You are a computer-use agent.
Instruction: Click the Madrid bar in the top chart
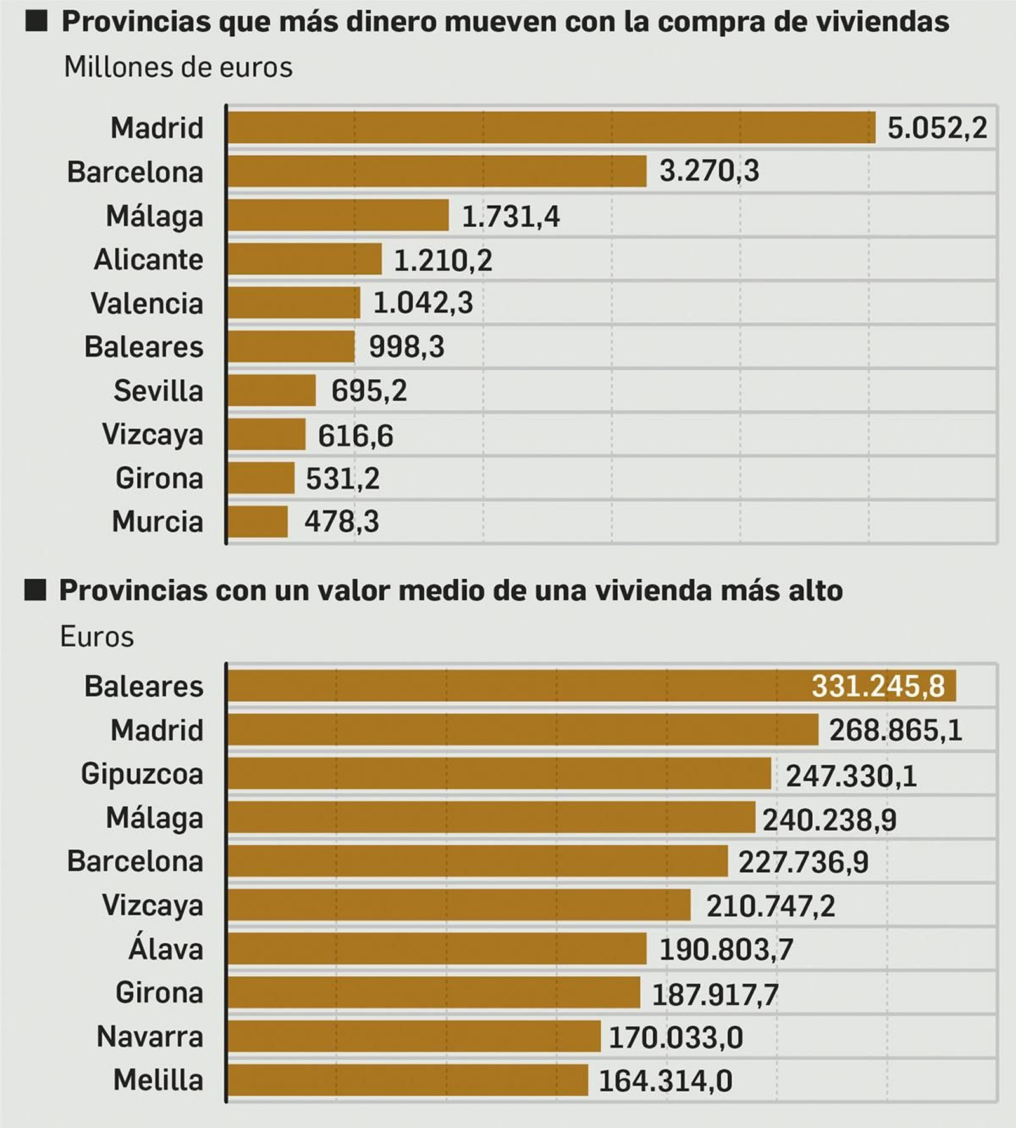click(x=551, y=128)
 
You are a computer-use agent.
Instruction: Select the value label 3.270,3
click(x=709, y=171)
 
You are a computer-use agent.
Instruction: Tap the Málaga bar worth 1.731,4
click(x=338, y=215)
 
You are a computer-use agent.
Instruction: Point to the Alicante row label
click(x=149, y=260)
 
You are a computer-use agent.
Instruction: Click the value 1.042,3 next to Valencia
click(x=422, y=303)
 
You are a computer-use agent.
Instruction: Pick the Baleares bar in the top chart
click(x=291, y=347)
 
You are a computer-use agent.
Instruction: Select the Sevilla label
click(x=158, y=391)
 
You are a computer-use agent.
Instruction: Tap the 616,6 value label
click(x=355, y=436)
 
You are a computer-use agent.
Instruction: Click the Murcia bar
click(x=257, y=522)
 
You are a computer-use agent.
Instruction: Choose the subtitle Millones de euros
click(x=178, y=67)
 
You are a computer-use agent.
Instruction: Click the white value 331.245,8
click(x=878, y=687)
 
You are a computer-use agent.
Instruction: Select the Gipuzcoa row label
click(x=142, y=774)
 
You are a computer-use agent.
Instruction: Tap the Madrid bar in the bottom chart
click(x=522, y=730)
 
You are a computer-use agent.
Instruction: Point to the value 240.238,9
click(x=829, y=820)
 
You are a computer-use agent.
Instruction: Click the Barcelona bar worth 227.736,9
click(x=477, y=861)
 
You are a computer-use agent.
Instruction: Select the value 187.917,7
click(x=715, y=995)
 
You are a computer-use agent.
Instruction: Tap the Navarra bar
click(x=413, y=1037)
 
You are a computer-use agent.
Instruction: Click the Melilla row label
click(x=158, y=1080)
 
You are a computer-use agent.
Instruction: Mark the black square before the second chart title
click(x=36, y=590)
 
